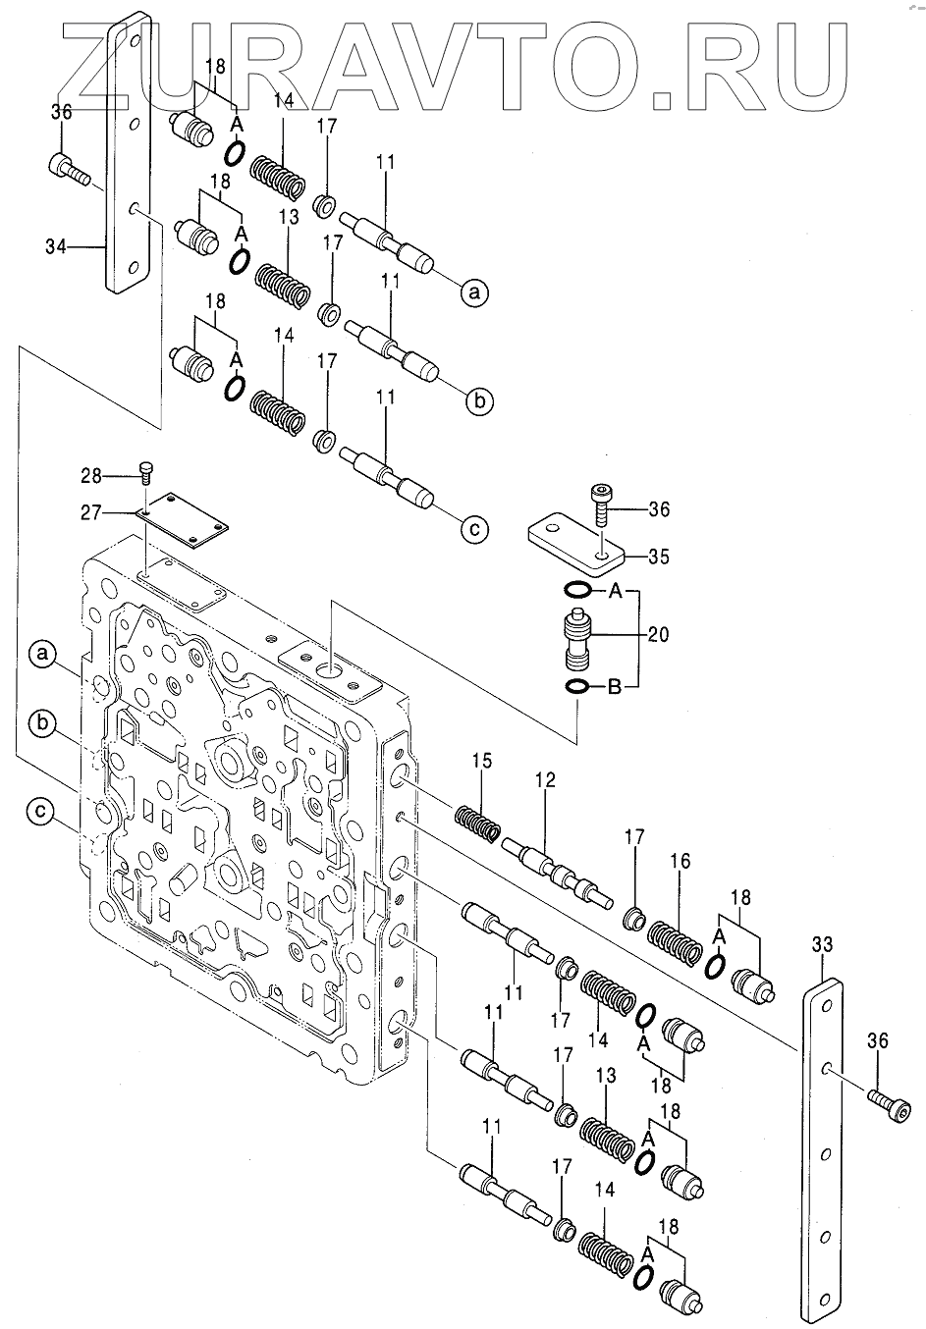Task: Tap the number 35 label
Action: click(x=659, y=557)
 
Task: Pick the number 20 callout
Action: click(x=659, y=635)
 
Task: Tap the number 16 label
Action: click(x=681, y=861)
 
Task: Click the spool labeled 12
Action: click(x=555, y=864)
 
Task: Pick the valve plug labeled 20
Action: click(x=576, y=638)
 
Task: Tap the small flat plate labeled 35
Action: click(x=574, y=541)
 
